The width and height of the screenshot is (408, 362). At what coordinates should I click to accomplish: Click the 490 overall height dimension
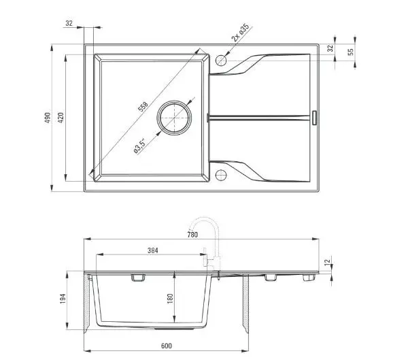click(x=48, y=118)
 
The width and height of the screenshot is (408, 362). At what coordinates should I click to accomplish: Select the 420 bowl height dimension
click(x=61, y=118)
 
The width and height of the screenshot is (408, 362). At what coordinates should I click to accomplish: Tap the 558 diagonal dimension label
click(x=143, y=106)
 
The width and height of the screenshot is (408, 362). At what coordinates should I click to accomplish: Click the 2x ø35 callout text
click(x=240, y=33)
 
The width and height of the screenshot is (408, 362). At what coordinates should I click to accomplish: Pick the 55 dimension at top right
click(x=351, y=52)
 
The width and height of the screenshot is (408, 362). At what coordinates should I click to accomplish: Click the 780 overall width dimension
click(x=192, y=235)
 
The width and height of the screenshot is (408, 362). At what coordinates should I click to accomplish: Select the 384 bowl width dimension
click(x=153, y=250)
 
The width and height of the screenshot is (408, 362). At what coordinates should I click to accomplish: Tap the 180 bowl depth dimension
click(x=170, y=299)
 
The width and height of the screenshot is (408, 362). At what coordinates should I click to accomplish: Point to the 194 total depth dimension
click(x=63, y=299)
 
